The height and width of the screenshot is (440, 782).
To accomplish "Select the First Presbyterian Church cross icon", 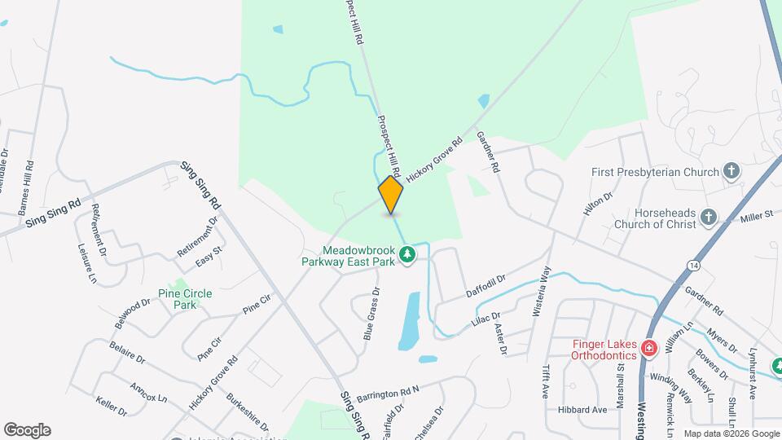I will click(x=731, y=171).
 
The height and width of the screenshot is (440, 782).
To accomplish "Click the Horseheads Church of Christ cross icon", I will click(x=708, y=218).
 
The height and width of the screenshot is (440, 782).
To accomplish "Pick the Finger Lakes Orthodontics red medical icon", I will click(x=648, y=349).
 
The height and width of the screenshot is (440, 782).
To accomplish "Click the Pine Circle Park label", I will click(x=177, y=298).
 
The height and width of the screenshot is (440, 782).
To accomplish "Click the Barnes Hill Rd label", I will click(x=29, y=185).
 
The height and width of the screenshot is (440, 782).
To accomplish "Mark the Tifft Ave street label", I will click(x=545, y=381).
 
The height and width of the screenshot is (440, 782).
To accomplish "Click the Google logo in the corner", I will click(x=26, y=430).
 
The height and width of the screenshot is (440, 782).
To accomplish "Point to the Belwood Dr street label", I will click(x=133, y=313).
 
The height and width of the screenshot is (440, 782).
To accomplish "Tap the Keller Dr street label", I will click(x=111, y=405).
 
